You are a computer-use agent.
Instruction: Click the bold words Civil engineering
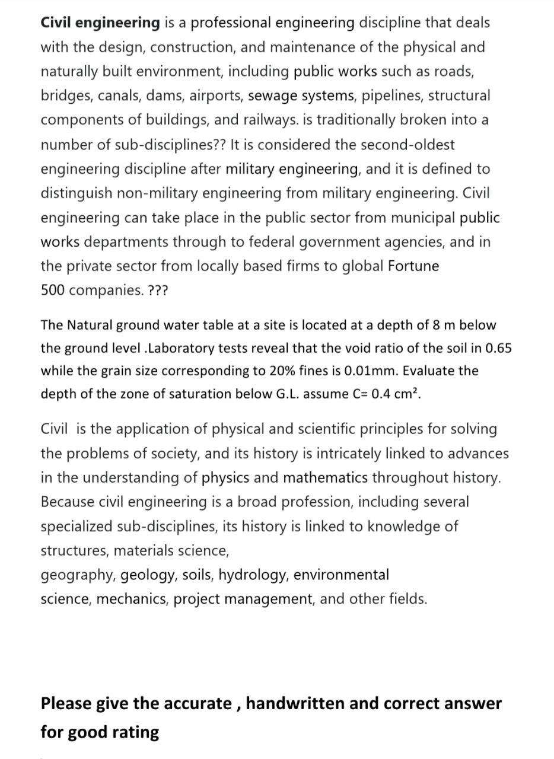point(100,23)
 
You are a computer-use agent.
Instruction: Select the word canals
point(119,95)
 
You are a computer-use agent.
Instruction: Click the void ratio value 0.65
point(498,348)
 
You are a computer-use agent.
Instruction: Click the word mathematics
point(325,478)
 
